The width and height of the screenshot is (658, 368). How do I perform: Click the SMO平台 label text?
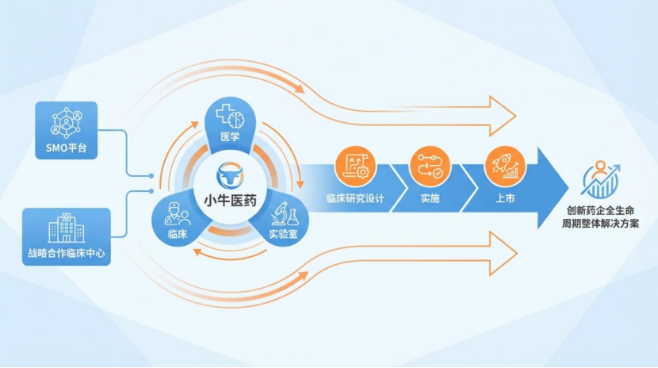click(x=67, y=146)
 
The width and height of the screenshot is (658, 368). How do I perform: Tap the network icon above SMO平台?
click(x=66, y=121)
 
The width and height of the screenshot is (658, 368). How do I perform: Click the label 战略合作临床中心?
click(x=67, y=255)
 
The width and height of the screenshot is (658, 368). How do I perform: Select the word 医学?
click(x=230, y=139)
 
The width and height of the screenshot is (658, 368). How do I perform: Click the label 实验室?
click(x=282, y=235)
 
